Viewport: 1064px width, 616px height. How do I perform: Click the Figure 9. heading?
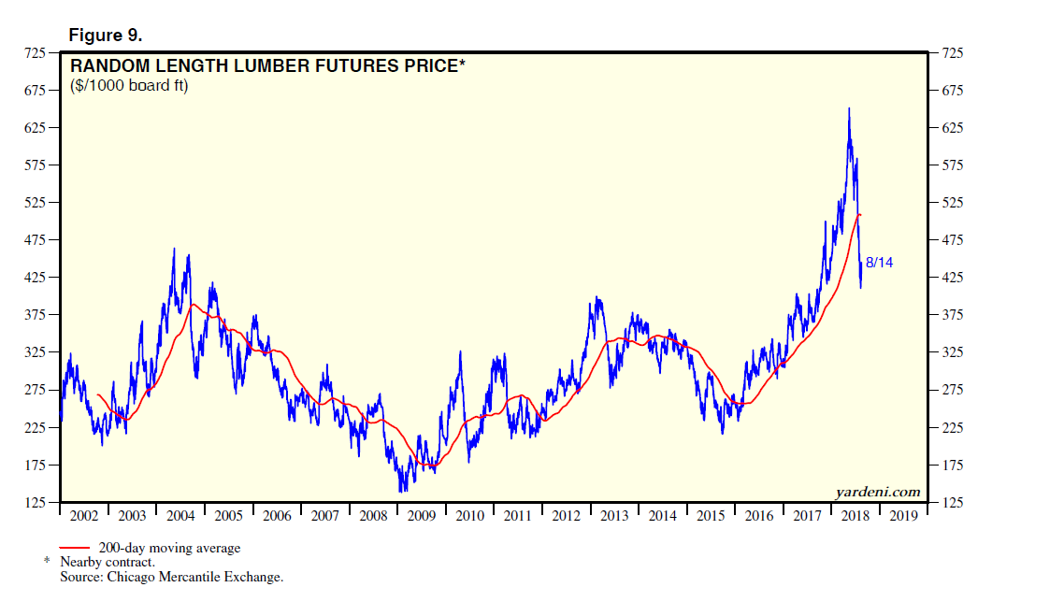(x=105, y=36)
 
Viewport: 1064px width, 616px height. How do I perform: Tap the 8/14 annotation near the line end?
(x=879, y=263)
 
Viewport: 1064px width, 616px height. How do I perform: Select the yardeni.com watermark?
(x=876, y=492)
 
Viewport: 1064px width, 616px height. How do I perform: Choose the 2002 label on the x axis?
(x=84, y=516)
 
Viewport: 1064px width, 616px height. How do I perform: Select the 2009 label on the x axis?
(x=421, y=516)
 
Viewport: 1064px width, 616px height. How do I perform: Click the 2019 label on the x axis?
(x=902, y=516)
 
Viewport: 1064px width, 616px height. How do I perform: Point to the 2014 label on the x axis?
(x=662, y=516)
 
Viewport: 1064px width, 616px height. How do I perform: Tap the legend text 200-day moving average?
(x=169, y=549)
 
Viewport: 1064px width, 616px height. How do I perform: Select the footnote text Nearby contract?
(x=107, y=563)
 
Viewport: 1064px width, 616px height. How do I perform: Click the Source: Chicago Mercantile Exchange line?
(x=171, y=578)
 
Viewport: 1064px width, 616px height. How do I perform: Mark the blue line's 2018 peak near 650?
(x=848, y=109)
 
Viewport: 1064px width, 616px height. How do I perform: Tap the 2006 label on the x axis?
(x=277, y=516)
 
